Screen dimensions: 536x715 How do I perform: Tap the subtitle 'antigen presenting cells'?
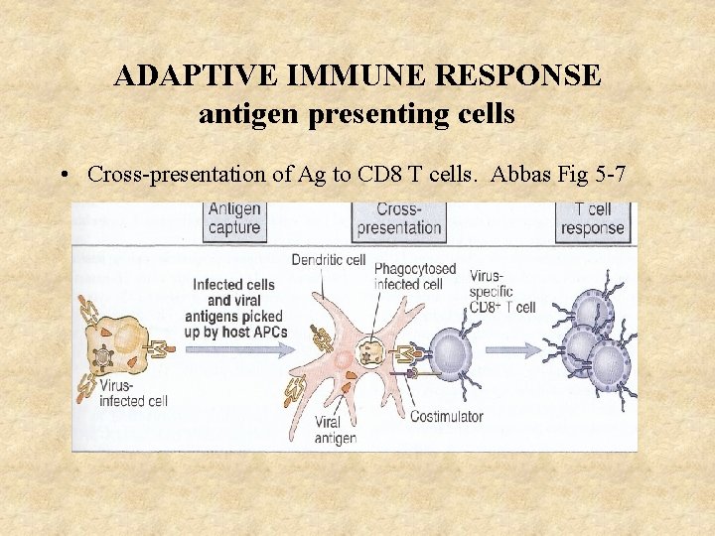pyautogui.click(x=357, y=114)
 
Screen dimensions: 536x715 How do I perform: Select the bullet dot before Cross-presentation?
pyautogui.click(x=63, y=176)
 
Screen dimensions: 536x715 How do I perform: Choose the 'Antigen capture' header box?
pyautogui.click(x=233, y=219)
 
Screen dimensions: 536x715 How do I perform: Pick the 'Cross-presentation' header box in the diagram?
pyautogui.click(x=398, y=219)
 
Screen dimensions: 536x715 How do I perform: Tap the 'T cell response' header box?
pyautogui.click(x=592, y=219)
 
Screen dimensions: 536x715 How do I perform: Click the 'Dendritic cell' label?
pyautogui.click(x=328, y=260)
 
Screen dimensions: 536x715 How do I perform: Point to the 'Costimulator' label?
pyautogui.click(x=447, y=415)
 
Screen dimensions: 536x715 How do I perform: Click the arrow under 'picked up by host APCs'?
pyautogui.click(x=231, y=349)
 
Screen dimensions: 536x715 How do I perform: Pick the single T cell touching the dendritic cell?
pyautogui.click(x=451, y=351)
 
